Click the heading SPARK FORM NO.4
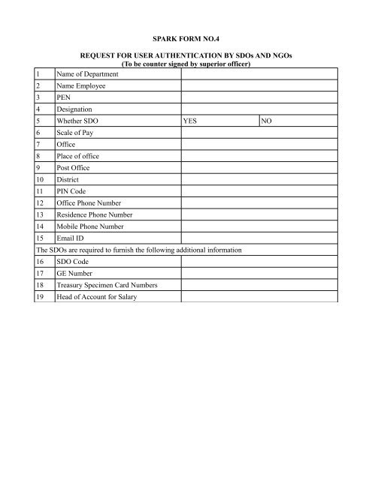[186, 31]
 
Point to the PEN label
[63, 97]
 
